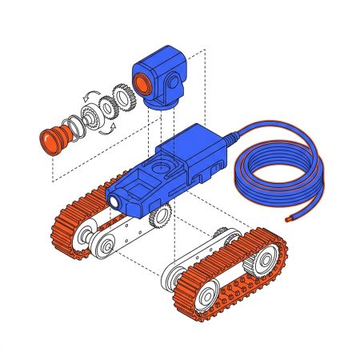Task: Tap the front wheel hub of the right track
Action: pyautogui.click(x=204, y=298)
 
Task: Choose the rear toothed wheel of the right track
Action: pyautogui.click(x=268, y=257)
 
